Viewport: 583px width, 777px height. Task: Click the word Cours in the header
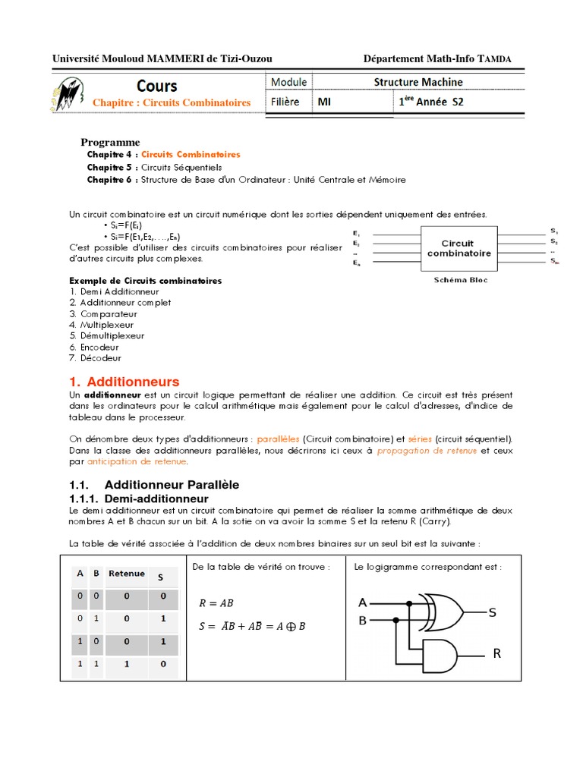[x=157, y=86]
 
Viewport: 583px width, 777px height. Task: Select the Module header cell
[x=288, y=82]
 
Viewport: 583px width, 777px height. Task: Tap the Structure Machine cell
[x=418, y=82]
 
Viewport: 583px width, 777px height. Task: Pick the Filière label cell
[x=285, y=101]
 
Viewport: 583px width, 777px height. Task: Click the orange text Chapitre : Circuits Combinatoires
[x=171, y=102]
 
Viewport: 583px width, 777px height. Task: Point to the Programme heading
[x=110, y=142]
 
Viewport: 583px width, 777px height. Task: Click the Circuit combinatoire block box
[x=459, y=248]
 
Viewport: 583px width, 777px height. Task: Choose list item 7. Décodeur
[x=95, y=357]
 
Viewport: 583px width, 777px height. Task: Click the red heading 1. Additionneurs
[x=124, y=382]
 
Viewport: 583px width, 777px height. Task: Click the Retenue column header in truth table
[x=126, y=574]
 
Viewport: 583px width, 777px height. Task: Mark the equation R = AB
[x=216, y=604]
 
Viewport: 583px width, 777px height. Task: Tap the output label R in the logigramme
[x=497, y=653]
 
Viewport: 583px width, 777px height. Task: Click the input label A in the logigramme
[x=363, y=602]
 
